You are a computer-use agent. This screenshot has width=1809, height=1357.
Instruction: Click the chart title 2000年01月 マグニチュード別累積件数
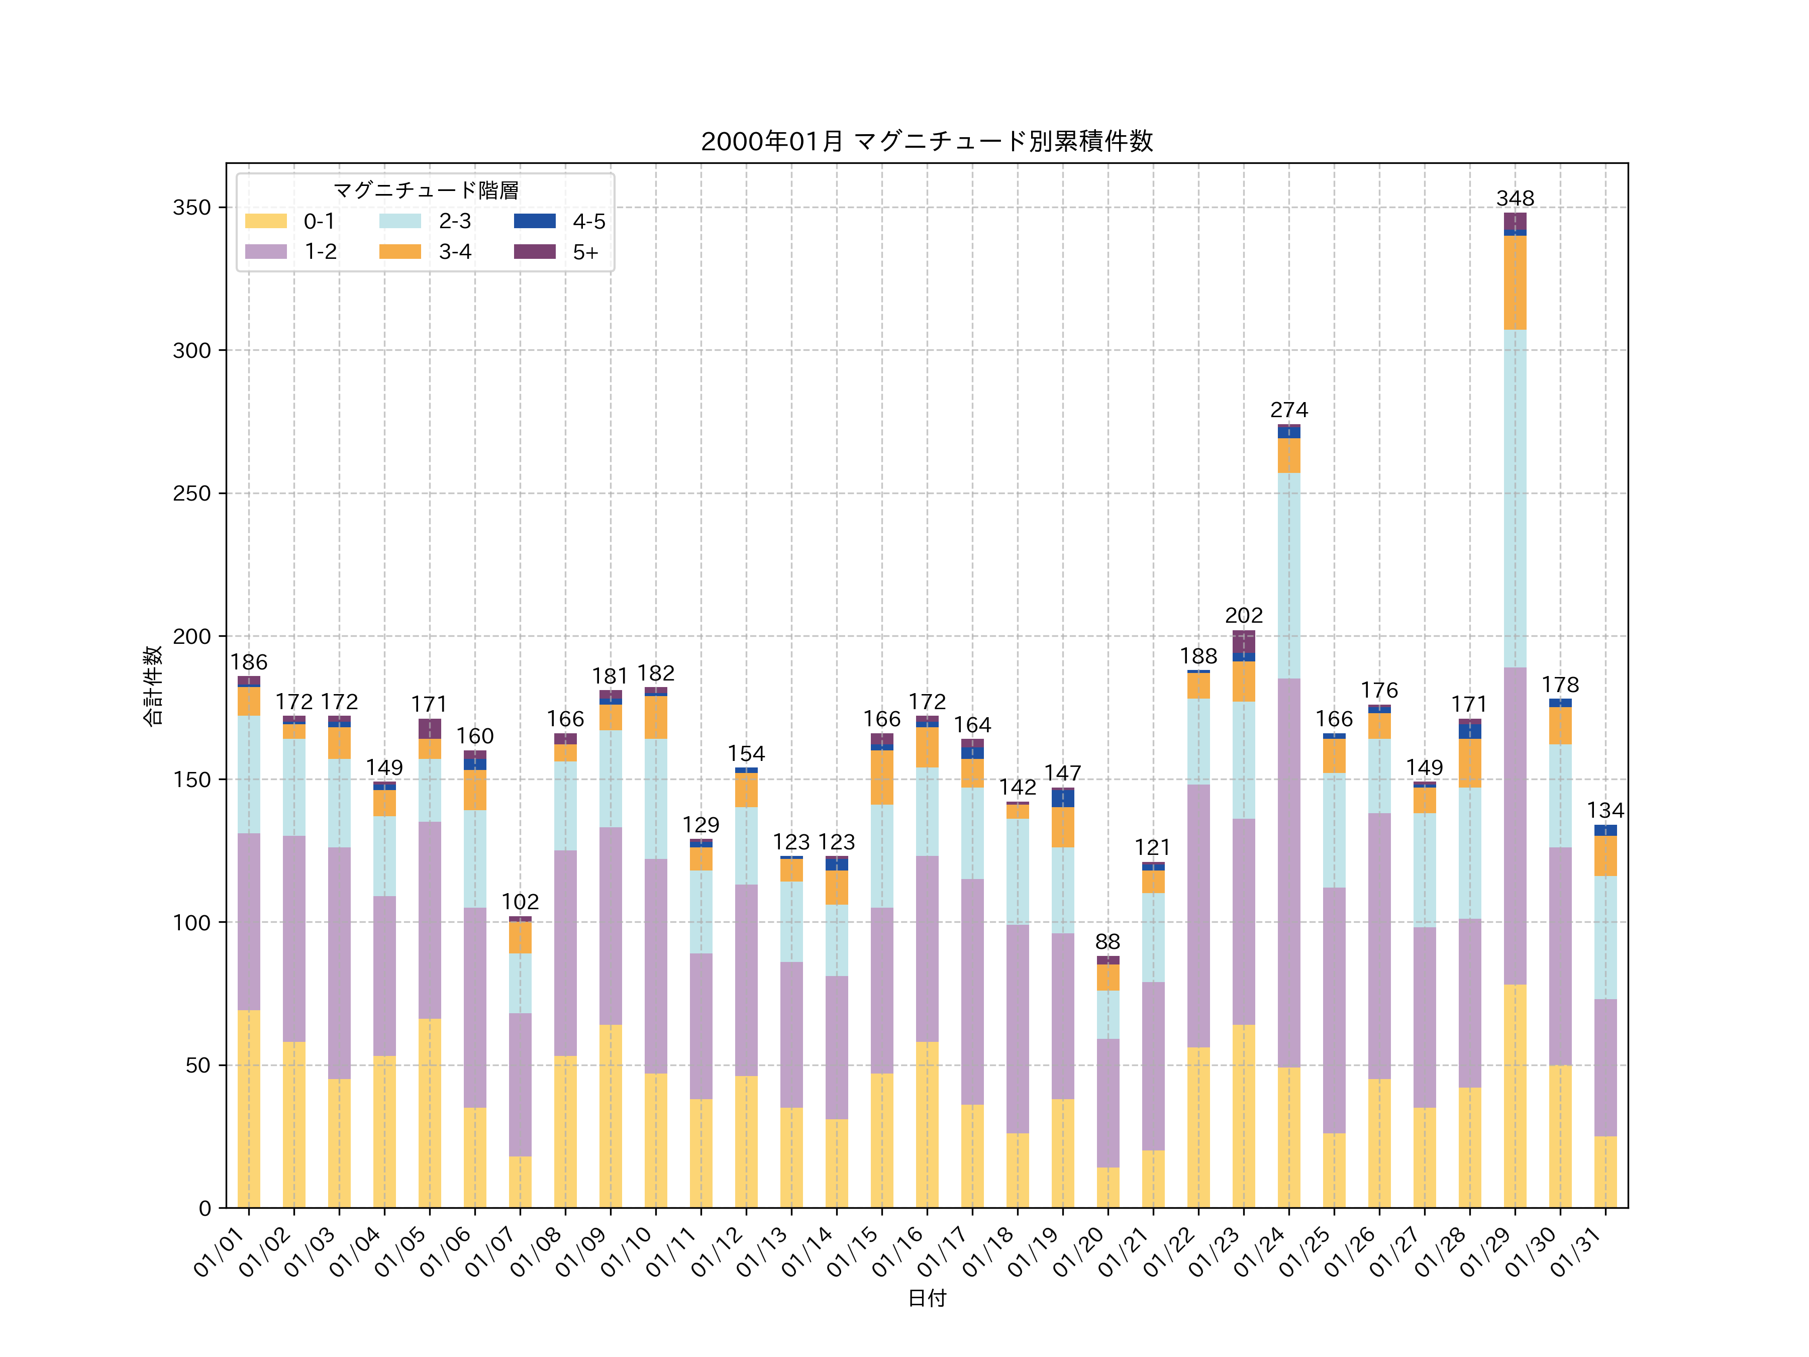click(927, 142)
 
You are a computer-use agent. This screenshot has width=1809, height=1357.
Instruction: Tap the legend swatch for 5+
click(534, 252)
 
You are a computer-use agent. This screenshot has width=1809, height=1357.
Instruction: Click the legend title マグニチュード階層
click(425, 190)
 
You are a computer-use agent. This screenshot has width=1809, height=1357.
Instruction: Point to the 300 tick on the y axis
click(191, 350)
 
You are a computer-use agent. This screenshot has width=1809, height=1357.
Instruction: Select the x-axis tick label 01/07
click(492, 1251)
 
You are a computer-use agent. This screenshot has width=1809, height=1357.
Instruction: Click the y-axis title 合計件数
click(153, 686)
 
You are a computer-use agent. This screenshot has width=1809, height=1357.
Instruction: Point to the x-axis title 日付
click(927, 1298)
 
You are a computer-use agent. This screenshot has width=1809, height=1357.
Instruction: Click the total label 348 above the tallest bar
click(1515, 199)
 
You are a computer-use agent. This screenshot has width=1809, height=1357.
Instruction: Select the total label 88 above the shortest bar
click(1108, 941)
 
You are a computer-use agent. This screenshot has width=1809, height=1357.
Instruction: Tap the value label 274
click(1289, 410)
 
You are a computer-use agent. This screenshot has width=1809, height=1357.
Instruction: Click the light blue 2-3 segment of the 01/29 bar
click(1515, 499)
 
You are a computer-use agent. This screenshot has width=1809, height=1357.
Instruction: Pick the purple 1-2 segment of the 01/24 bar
click(1289, 873)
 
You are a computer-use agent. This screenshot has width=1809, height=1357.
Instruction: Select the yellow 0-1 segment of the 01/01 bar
click(249, 1108)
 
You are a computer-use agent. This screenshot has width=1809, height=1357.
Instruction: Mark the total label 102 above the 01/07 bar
click(520, 901)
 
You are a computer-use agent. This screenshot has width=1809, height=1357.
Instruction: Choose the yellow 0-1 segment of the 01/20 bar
click(1108, 1187)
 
